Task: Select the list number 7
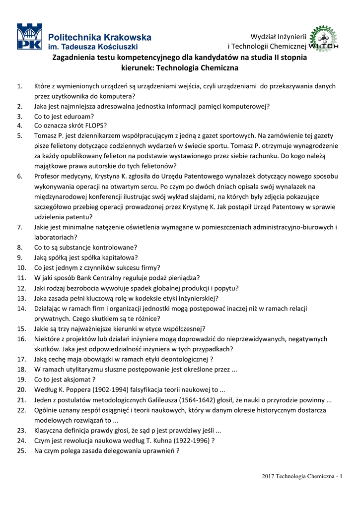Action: pyautogui.click(x=20, y=227)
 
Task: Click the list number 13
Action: pyautogui.click(x=21, y=298)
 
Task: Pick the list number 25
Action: pyautogui.click(x=21, y=450)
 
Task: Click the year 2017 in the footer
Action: pyautogui.click(x=269, y=477)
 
